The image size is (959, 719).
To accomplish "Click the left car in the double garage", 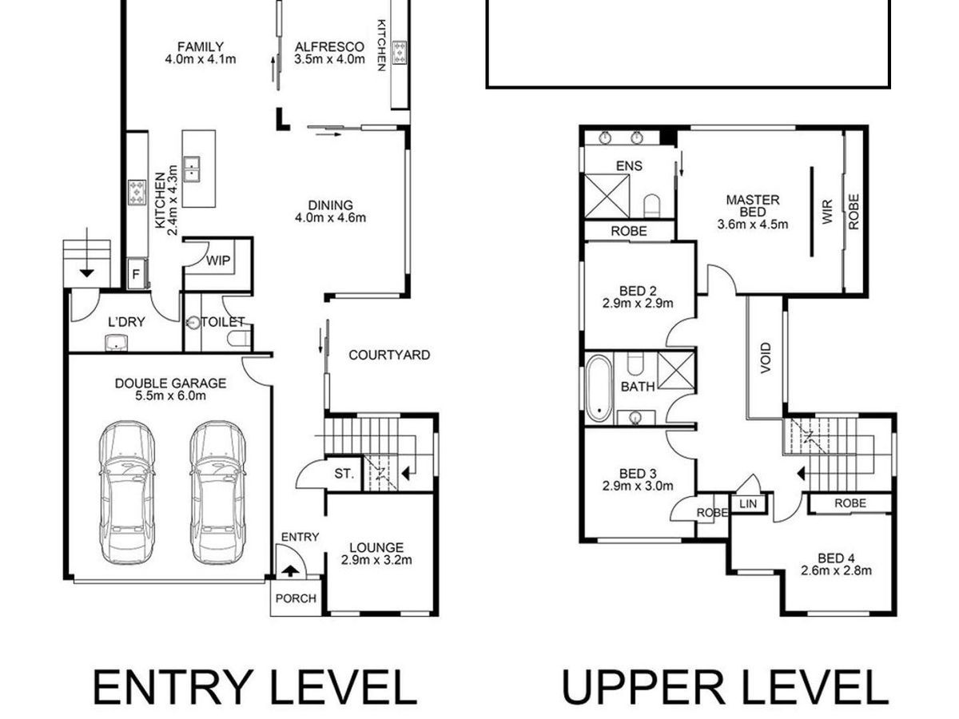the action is tap(127, 493).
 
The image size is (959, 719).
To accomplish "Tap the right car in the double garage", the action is tap(217, 493).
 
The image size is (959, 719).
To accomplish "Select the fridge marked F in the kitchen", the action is tap(137, 274).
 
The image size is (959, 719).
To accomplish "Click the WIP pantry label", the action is tap(218, 260).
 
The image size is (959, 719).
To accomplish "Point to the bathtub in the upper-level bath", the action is tap(599, 389).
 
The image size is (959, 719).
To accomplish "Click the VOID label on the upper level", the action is tap(766, 358).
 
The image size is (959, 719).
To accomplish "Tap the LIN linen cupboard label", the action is tap(748, 504).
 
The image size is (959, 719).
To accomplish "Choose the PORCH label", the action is tap(296, 598).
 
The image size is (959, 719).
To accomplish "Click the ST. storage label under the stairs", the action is tap(344, 474).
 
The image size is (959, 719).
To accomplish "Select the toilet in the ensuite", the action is tap(651, 205).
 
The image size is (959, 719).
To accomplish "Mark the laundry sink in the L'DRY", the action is tap(116, 343).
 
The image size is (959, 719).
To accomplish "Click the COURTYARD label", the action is tap(389, 356).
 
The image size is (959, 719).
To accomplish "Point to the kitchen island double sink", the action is tap(191, 169).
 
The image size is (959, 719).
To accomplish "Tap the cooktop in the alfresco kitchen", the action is tap(400, 52).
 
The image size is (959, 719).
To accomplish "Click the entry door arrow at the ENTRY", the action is tap(289, 571).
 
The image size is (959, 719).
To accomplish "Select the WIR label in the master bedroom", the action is tap(827, 213).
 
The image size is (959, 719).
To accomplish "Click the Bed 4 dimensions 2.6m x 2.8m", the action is tap(836, 570).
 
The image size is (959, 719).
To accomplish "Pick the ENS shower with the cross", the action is tap(607, 196).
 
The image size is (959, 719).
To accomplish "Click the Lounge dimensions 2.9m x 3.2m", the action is tap(376, 560).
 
